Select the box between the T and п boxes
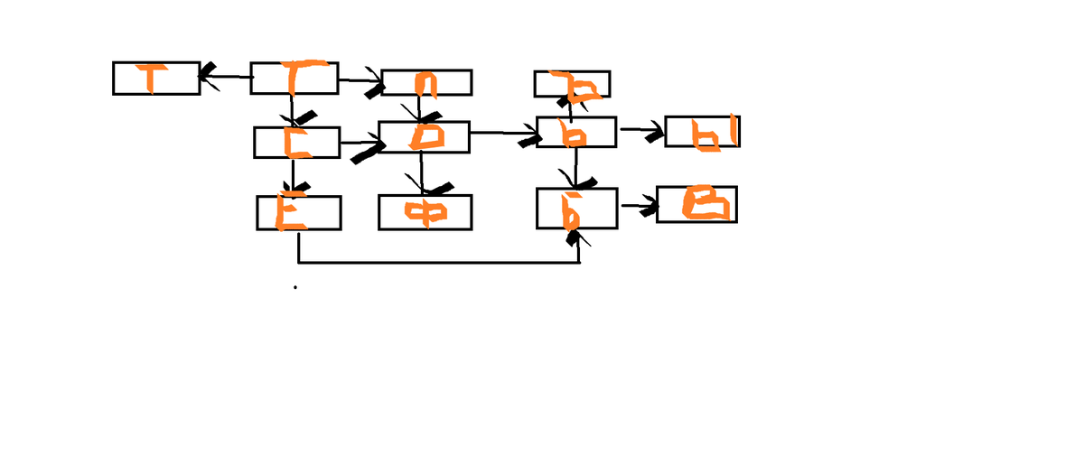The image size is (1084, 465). (294, 79)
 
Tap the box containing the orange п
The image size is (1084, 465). (426, 82)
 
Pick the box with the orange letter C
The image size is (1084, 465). (296, 143)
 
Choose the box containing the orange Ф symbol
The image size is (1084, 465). (423, 212)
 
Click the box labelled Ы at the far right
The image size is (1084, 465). (701, 132)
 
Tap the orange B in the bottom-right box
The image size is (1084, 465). (704, 204)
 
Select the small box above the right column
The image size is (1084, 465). (572, 84)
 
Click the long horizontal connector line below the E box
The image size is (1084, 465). (438, 264)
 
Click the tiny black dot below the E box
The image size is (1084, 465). (294, 288)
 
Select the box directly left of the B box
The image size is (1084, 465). (576, 209)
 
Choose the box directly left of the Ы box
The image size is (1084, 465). (576, 132)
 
